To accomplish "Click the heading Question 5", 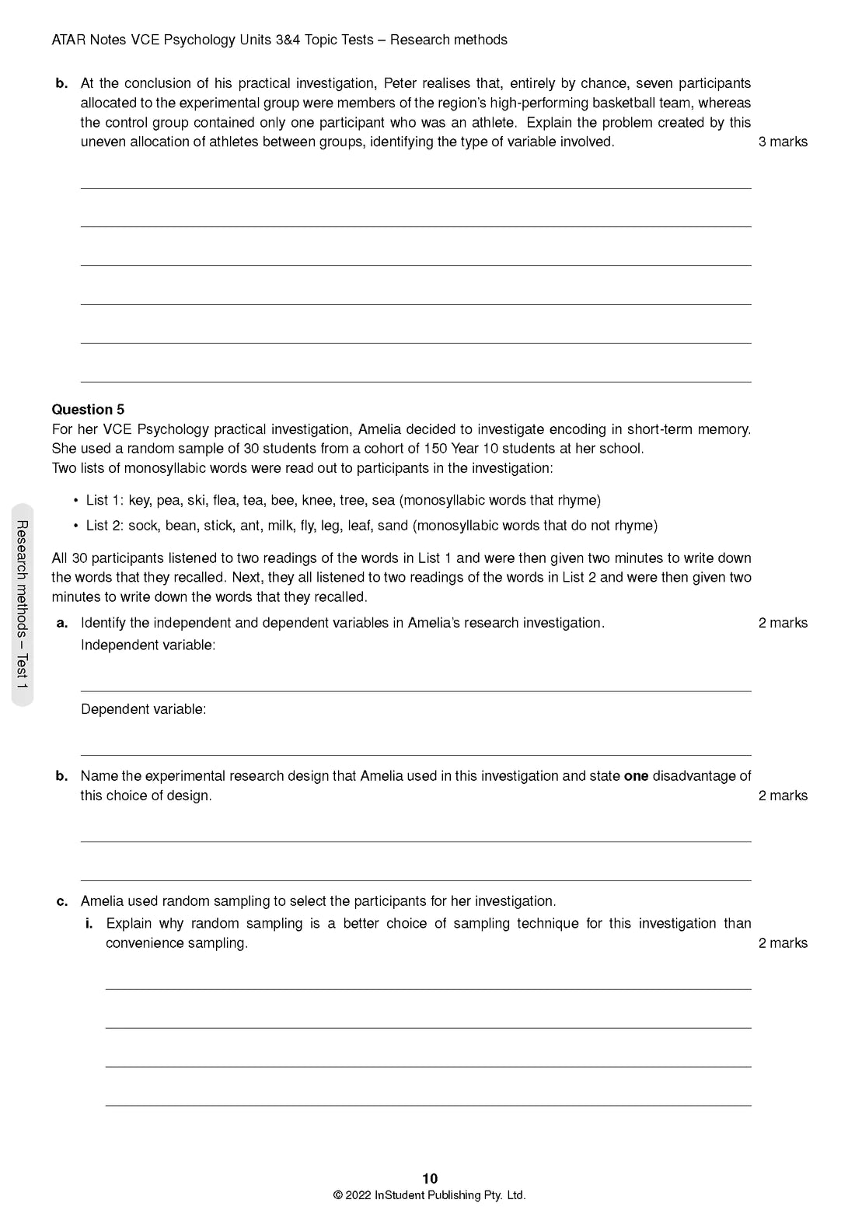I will coord(88,409).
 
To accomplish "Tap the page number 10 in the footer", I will coord(430,1178).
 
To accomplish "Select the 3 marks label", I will coord(783,142).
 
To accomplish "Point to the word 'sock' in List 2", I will coord(143,526).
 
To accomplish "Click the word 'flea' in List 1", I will coord(225,500).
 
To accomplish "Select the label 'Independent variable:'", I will coord(148,645).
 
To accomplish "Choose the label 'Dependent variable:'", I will coord(143,709).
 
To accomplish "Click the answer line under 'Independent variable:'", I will coord(416,691).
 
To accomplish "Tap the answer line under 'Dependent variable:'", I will coord(416,754).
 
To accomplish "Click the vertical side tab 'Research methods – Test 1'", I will coord(23,604).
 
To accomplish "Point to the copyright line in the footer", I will coord(430,1195).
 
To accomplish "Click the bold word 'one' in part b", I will coord(636,776).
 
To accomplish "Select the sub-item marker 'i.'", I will coord(89,923).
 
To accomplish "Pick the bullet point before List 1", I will coord(75,500).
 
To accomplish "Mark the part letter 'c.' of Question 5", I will coord(62,901).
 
